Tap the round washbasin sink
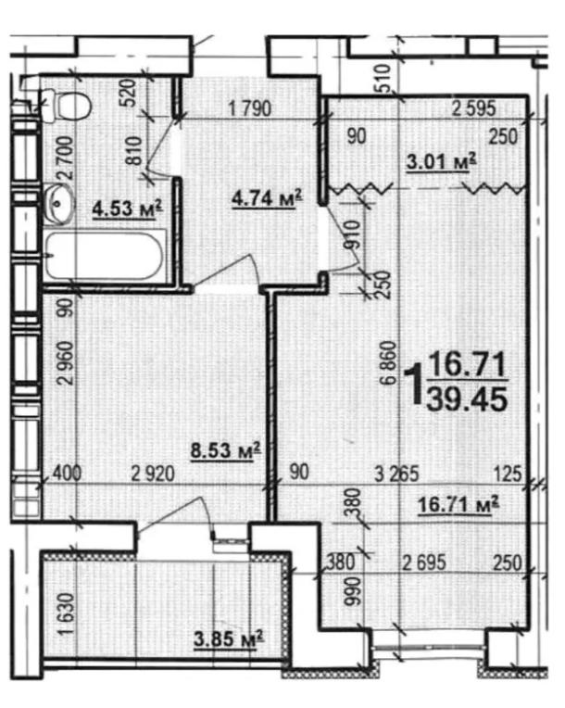point(59,204)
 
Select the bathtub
point(105,256)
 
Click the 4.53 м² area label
point(127,209)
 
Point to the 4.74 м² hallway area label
point(267,198)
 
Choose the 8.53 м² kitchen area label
point(226,450)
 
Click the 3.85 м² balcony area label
point(229,638)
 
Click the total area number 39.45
point(467,399)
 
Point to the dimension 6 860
point(388,362)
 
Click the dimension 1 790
point(250,109)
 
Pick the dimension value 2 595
point(474,108)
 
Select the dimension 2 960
point(66,363)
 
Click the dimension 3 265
point(397,474)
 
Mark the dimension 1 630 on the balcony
point(67,613)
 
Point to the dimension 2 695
point(424,563)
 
